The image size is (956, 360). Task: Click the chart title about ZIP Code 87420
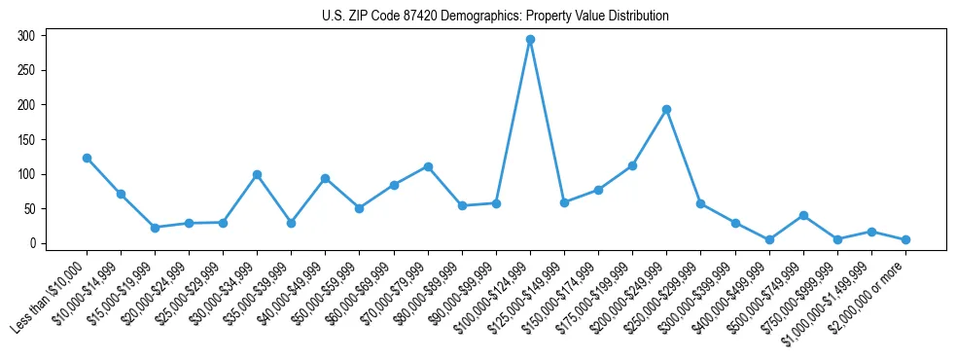coord(495,17)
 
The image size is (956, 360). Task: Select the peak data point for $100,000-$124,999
coord(530,40)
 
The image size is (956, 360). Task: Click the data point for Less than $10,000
coord(87,158)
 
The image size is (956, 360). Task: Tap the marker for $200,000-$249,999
coord(666,109)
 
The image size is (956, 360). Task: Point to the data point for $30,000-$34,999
coord(257,174)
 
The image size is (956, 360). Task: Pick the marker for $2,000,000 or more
coord(905,239)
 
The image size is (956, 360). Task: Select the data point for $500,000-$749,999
coord(803,215)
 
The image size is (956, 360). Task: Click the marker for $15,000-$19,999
coord(155,228)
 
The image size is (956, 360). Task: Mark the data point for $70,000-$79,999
coord(428,166)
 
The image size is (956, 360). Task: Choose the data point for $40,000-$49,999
coord(325,178)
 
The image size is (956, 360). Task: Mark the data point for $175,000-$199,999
coord(632,165)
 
